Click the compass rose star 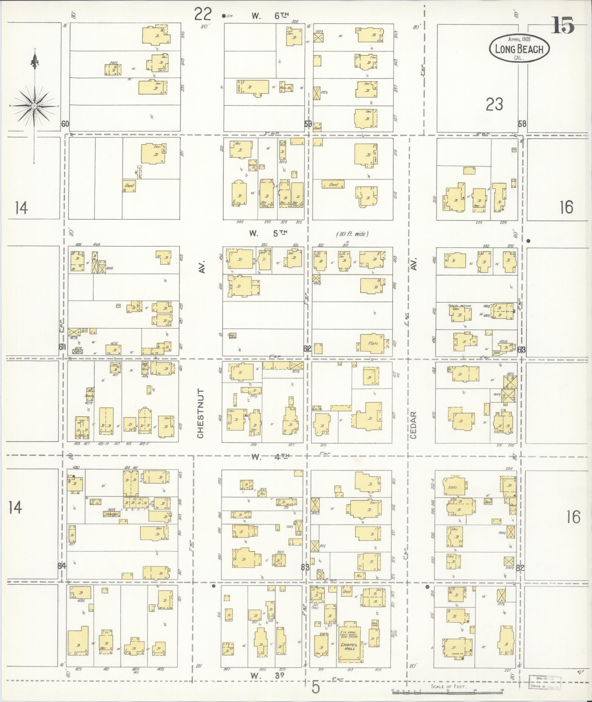click(34, 106)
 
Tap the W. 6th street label click(270, 15)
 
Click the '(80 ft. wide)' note click(352, 234)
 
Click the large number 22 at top click(203, 15)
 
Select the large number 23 click(494, 105)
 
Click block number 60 click(65, 124)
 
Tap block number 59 click(308, 124)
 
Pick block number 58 click(522, 124)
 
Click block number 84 click(62, 565)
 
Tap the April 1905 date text click(519, 39)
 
